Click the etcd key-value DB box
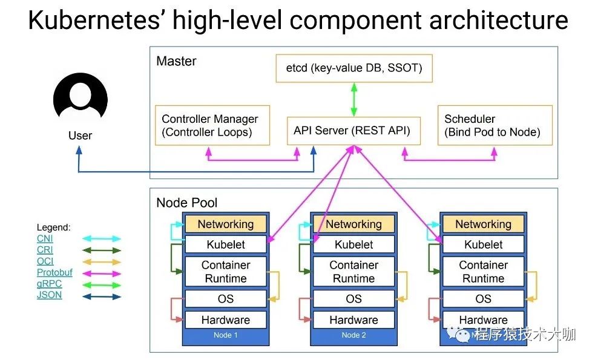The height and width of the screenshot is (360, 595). point(353,68)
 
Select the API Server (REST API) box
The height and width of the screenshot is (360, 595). point(353,130)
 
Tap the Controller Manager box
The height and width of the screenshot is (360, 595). point(212,126)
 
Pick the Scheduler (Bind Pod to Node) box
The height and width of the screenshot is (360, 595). point(495,126)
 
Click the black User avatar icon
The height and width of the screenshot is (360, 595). point(81,99)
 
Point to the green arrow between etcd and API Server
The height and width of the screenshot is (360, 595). point(353,99)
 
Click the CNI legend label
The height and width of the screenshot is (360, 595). point(45,239)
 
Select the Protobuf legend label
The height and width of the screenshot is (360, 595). point(54,273)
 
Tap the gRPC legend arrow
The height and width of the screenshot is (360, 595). point(102,284)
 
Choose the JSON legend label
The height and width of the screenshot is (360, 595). point(49,295)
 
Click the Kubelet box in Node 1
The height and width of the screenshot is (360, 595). point(226,245)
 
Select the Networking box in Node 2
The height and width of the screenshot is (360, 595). point(353,224)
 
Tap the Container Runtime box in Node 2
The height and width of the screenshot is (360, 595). point(353,272)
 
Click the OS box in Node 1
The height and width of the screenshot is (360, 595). point(226,299)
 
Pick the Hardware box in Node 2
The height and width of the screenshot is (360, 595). point(353,319)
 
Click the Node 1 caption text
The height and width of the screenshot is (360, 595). point(226,335)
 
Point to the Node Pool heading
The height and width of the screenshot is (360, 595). point(187,203)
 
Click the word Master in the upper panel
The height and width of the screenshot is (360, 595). point(176,61)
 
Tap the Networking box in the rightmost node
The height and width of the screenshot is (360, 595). point(483,224)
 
